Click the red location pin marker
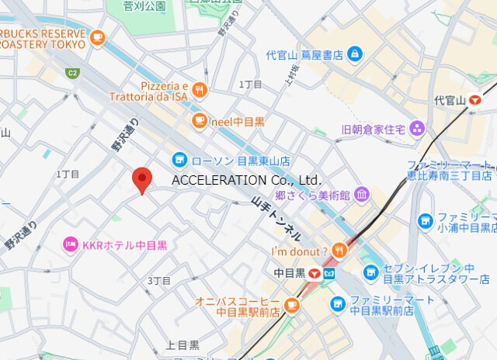coord(141,179)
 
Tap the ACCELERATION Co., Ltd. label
coord(246,180)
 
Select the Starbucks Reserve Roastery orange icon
coord(97,36)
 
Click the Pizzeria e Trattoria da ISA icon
coord(200,91)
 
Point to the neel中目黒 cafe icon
coord(200,120)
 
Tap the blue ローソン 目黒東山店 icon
coord(180,160)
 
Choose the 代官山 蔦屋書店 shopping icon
coord(354,54)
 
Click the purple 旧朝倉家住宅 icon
coord(418,128)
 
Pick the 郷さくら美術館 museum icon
coord(362,194)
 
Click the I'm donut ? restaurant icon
coord(339,251)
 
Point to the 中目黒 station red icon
coord(315,273)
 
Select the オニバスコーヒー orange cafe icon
coord(293,305)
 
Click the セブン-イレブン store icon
coord(370,272)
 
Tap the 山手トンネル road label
coord(276,216)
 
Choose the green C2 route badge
coord(72,73)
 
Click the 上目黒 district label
coord(182,344)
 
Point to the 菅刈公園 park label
coord(144,6)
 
